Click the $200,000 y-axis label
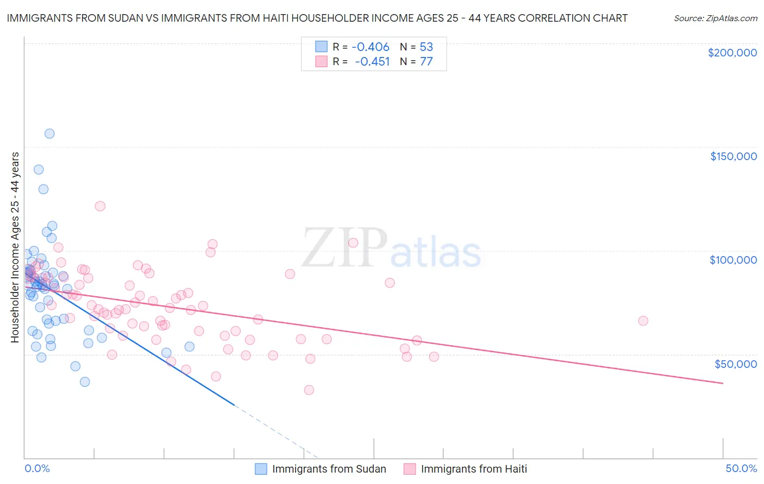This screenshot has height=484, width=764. pyautogui.click(x=732, y=53)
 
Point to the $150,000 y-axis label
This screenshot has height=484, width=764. pyautogui.click(x=733, y=156)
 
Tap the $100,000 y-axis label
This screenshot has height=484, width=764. pyautogui.click(x=733, y=260)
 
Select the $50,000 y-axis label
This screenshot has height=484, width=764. pyautogui.click(x=735, y=364)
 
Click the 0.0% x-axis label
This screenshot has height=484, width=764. pyautogui.click(x=37, y=468)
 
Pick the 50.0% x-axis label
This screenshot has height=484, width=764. pyautogui.click(x=741, y=468)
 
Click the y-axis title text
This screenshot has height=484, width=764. pyautogui.click(x=15, y=247)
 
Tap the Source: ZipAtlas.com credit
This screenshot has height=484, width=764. pyautogui.click(x=715, y=18)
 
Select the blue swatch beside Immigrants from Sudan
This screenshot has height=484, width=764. pyautogui.click(x=261, y=469)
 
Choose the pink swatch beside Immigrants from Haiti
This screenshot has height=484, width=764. pyautogui.click(x=410, y=469)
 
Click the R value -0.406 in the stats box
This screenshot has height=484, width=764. pyautogui.click(x=371, y=47)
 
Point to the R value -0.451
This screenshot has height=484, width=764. pyautogui.click(x=372, y=61)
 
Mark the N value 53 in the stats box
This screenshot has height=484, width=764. pyautogui.click(x=426, y=47)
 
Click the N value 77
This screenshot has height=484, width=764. pyautogui.click(x=426, y=61)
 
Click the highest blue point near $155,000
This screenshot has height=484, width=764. pyautogui.click(x=49, y=133)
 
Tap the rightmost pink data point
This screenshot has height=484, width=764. pyautogui.click(x=643, y=321)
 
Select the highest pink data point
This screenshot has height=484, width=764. pyautogui.click(x=100, y=206)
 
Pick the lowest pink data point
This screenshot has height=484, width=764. pyautogui.click(x=309, y=390)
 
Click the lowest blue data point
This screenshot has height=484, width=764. pyautogui.click(x=85, y=382)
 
